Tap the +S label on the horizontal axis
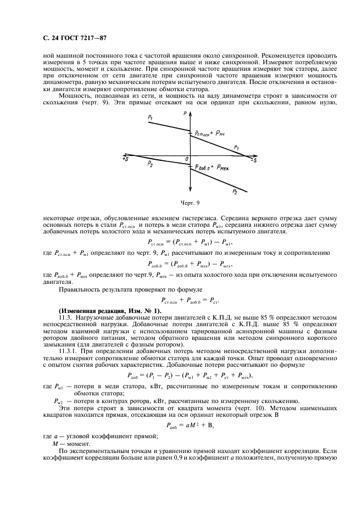click(126, 158)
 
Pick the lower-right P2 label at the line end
click(234, 192)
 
